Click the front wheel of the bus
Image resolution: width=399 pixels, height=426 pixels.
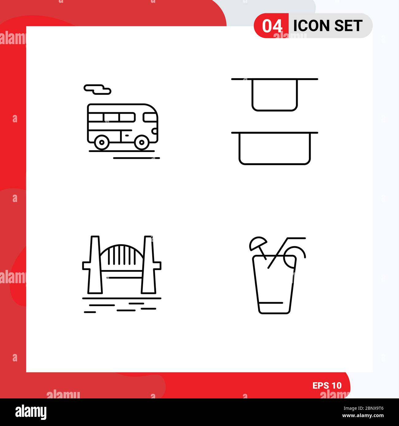[141, 142]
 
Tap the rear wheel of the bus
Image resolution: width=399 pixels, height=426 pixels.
[102, 142]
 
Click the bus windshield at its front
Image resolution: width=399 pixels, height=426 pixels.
[150, 117]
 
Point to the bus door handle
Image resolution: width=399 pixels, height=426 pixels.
[127, 135]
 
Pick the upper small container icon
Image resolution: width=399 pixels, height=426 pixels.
[275, 95]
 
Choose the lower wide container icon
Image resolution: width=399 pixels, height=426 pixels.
[275, 148]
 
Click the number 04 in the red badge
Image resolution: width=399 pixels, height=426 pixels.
[272, 26]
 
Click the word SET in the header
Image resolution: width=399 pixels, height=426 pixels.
[348, 26]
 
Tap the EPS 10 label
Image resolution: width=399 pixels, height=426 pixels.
[327, 386]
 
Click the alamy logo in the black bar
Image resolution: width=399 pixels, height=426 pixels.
[31, 412]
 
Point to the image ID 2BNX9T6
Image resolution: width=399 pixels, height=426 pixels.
[367, 408]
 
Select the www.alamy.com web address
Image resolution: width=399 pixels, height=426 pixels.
[363, 416]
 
